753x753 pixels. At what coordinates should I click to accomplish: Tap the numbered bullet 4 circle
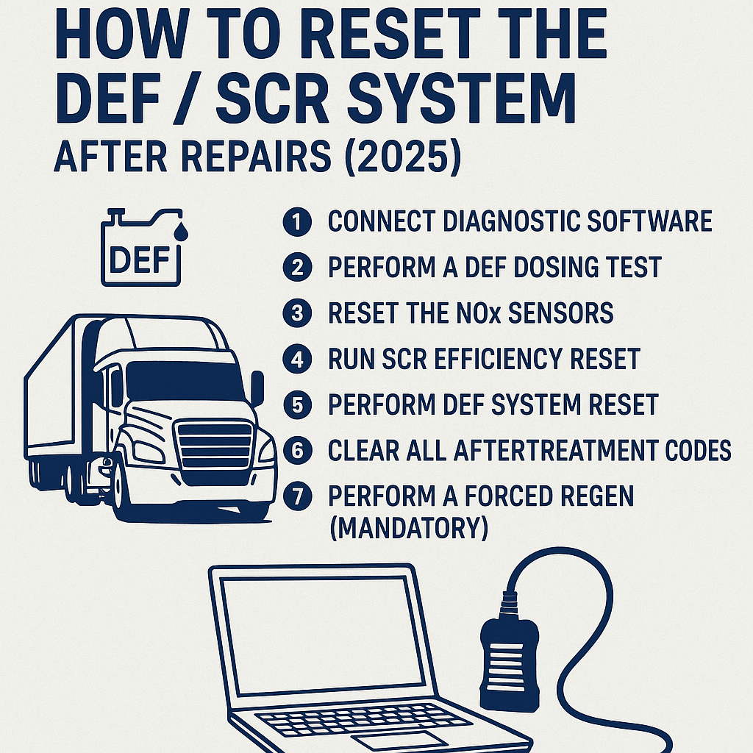(296, 360)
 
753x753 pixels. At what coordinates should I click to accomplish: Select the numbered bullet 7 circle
(296, 496)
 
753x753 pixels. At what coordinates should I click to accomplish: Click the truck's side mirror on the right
(257, 388)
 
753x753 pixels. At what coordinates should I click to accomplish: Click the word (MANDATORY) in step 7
(407, 529)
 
